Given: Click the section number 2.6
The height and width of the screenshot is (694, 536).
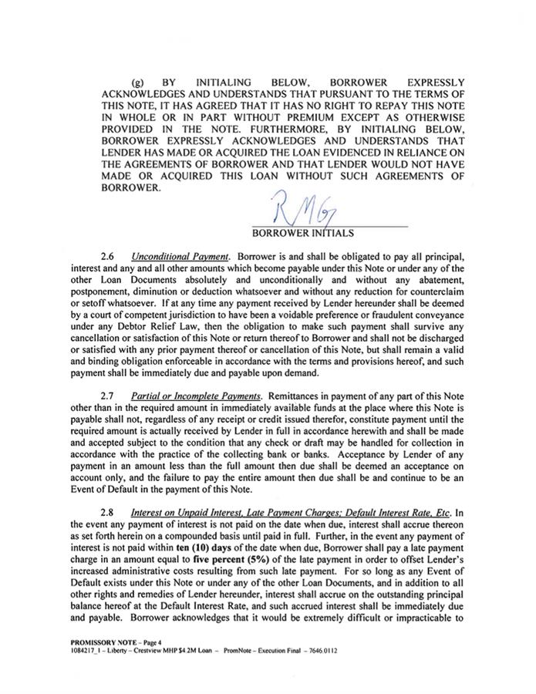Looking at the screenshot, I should click(x=109, y=254).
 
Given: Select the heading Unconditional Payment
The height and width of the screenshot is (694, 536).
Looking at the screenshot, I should click(x=170, y=254).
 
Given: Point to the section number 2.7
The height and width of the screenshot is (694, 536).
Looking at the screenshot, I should click(x=109, y=396).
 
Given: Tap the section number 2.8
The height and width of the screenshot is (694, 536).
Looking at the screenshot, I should click(x=109, y=513).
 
